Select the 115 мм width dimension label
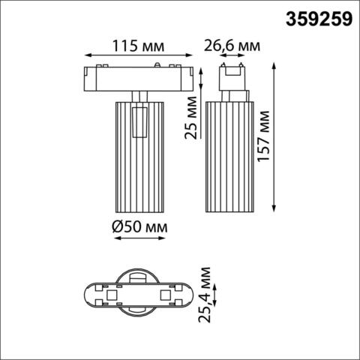point(136,45)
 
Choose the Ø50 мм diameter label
point(137,226)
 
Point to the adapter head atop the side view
point(231,77)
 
